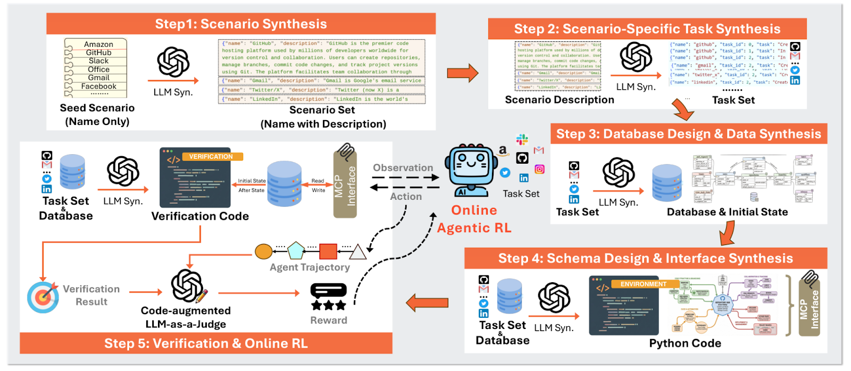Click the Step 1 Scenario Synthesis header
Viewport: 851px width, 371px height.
[x=241, y=24]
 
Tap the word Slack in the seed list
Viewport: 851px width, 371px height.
[x=98, y=61]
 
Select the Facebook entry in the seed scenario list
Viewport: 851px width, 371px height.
[x=98, y=86]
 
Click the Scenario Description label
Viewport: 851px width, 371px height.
[x=559, y=100]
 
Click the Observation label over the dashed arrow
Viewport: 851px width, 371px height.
[x=403, y=168]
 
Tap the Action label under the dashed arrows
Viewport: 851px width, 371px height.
[x=406, y=196]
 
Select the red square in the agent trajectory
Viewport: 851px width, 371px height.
[x=328, y=251]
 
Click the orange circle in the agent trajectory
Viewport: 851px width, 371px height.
[x=263, y=251]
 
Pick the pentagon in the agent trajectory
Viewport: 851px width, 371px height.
[x=296, y=250]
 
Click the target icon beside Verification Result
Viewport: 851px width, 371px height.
[x=43, y=297]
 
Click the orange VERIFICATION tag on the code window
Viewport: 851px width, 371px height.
[x=212, y=157]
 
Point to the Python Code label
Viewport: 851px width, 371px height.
[x=685, y=343]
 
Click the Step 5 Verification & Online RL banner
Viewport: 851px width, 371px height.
[x=206, y=343]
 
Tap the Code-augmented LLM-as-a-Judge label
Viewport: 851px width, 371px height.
[x=186, y=317]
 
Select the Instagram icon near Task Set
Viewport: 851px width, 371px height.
[x=539, y=170]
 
